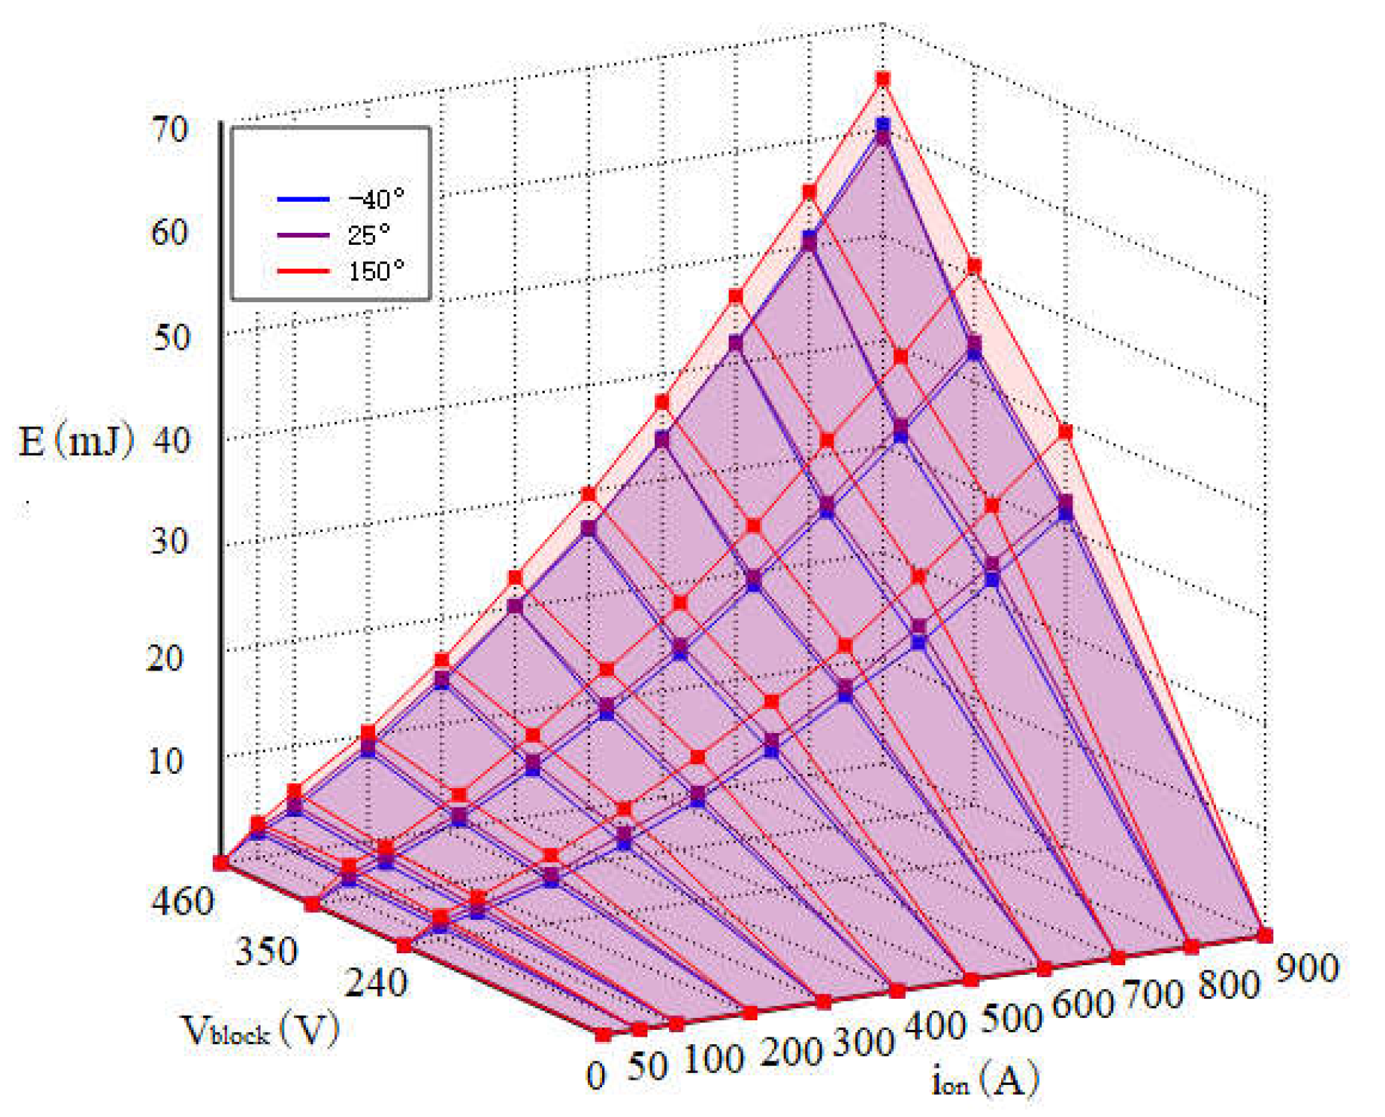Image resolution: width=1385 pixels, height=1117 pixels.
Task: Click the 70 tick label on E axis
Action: (170, 129)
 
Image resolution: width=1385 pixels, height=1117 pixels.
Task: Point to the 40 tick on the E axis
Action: (170, 441)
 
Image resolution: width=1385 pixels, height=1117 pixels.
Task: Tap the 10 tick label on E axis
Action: (165, 761)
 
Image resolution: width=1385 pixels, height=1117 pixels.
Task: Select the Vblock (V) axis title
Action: (260, 1030)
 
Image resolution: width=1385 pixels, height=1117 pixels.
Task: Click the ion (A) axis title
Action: (985, 1079)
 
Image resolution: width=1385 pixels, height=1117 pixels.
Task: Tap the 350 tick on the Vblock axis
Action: (266, 951)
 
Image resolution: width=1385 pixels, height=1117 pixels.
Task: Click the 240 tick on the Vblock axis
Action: (377, 984)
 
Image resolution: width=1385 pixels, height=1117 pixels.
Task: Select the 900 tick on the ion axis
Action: (1308, 967)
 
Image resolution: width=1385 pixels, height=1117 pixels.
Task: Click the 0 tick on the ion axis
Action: (596, 1076)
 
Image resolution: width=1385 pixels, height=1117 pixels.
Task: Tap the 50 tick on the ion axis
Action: (647, 1066)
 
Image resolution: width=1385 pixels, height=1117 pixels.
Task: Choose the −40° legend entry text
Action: (376, 199)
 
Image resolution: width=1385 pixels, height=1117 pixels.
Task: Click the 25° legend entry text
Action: (368, 235)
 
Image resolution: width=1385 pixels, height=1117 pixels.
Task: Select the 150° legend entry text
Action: (376, 270)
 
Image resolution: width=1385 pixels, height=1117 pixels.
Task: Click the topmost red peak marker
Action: (883, 79)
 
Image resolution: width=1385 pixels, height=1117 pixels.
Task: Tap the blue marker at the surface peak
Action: (883, 124)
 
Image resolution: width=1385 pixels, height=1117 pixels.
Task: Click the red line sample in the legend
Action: (303, 271)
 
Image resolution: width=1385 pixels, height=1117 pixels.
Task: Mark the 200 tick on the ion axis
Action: (790, 1051)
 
